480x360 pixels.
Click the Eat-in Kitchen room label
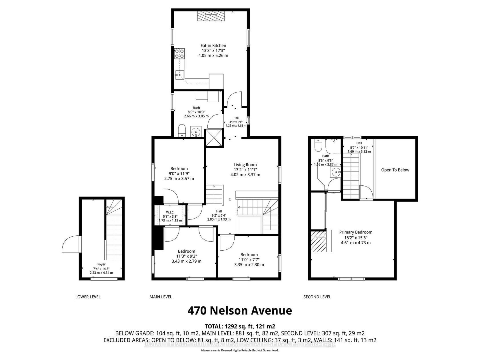click(x=213, y=46)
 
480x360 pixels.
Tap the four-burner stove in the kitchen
click(x=179, y=54)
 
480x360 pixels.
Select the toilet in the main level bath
click(x=182, y=130)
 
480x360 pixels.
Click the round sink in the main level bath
click(x=196, y=132)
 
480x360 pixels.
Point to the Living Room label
click(x=245, y=165)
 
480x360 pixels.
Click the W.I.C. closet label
click(x=170, y=212)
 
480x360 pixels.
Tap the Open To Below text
click(x=395, y=170)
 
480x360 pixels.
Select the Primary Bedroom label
click(x=356, y=232)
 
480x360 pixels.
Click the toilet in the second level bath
click(x=317, y=145)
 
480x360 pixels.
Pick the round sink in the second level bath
click(x=336, y=172)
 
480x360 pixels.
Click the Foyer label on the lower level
click(x=101, y=264)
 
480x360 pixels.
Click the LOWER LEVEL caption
click(x=88, y=297)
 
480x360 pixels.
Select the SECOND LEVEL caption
click(x=317, y=297)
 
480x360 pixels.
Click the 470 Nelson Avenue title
click(x=240, y=311)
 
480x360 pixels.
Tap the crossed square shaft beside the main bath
click(x=214, y=138)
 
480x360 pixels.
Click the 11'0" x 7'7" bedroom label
click(x=249, y=260)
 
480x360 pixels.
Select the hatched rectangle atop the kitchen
click(x=211, y=16)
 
